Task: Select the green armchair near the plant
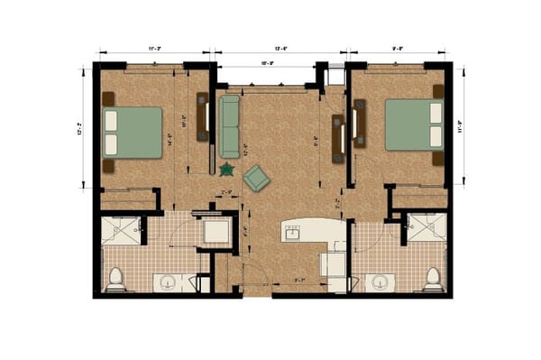(256, 178)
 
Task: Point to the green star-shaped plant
(226, 169)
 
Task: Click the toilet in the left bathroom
(115, 280)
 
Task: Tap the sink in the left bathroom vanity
(168, 282)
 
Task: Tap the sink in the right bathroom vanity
(378, 282)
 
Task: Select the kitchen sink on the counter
(293, 233)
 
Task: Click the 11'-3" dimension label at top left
(154, 49)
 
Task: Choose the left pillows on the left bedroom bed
(113, 131)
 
